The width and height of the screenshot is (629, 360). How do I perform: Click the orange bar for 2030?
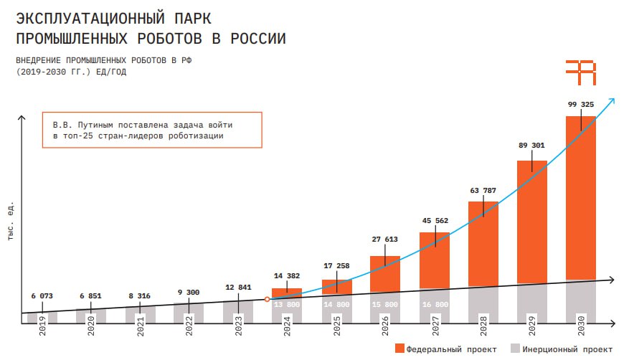[x=581, y=198]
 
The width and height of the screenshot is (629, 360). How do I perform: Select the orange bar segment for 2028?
[x=483, y=244]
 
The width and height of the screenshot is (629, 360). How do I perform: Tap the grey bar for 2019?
[x=42, y=318]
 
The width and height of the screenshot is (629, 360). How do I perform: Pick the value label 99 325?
[x=581, y=104]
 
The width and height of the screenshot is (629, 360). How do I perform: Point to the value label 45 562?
[x=435, y=220]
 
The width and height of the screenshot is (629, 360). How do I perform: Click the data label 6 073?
[x=42, y=296]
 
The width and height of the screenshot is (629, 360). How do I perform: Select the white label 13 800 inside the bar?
[x=287, y=304]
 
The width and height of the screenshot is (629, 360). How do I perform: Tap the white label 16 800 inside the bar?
[x=435, y=304]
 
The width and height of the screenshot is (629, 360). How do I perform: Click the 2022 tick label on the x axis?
[x=189, y=326]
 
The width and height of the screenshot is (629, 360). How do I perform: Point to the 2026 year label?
[x=385, y=326]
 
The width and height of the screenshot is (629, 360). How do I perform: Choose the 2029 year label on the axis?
[x=532, y=326]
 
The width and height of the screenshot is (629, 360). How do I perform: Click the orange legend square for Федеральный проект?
[x=399, y=348]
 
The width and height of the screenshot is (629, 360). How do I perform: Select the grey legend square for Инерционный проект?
[x=515, y=348]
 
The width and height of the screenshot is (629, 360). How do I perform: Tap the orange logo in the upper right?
[x=581, y=72]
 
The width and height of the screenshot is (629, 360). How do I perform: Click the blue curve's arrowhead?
[x=611, y=101]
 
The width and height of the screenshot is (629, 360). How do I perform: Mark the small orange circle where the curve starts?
[x=268, y=299]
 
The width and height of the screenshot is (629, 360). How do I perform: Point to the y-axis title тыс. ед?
[x=11, y=221]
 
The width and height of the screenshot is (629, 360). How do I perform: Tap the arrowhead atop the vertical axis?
[x=22, y=118]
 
